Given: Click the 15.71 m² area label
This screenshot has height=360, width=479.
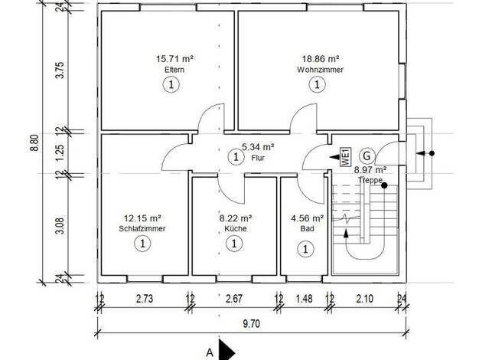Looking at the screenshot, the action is click(174, 58).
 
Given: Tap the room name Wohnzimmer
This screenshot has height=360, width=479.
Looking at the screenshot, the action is click(320, 70).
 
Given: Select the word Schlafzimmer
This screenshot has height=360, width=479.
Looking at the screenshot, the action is click(142, 228).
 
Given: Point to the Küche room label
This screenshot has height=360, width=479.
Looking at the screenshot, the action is click(236, 228).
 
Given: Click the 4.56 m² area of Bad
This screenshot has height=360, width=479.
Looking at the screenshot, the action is click(308, 218).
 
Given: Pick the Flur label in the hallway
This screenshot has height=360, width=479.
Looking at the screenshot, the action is click(258, 158).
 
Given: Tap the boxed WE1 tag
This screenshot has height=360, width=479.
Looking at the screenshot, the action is click(346, 156).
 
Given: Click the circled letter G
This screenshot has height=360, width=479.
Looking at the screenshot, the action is click(367, 156).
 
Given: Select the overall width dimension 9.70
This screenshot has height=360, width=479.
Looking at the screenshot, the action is click(252, 323).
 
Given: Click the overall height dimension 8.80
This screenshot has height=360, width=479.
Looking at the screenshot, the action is click(35, 142).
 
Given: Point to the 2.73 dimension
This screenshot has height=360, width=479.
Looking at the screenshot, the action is click(145, 299).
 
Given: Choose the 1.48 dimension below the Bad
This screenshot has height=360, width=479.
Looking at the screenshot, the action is click(305, 299).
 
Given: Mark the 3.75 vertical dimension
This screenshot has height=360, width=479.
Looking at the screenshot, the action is click(60, 70).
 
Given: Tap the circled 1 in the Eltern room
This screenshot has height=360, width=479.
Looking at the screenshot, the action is click(171, 84).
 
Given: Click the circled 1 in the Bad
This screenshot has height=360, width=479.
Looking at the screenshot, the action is click(305, 249).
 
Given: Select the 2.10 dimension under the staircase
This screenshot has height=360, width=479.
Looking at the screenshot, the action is click(365, 299).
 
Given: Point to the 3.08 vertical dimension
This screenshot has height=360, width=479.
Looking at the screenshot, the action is click(60, 226).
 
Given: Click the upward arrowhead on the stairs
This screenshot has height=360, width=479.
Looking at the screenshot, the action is click(346, 234).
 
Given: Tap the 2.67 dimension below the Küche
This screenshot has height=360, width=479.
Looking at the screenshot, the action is click(234, 299).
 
